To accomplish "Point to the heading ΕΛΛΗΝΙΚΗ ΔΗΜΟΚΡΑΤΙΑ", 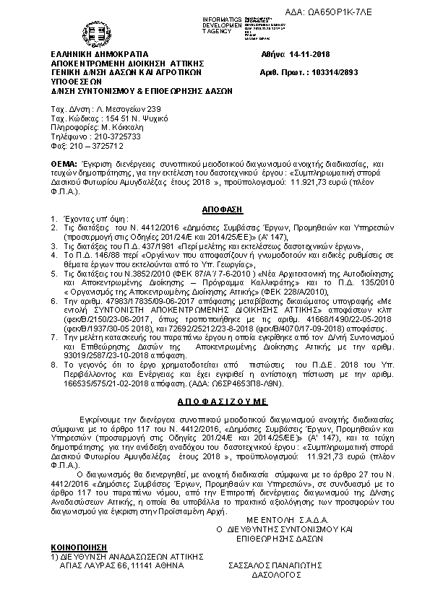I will pos(100,54).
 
